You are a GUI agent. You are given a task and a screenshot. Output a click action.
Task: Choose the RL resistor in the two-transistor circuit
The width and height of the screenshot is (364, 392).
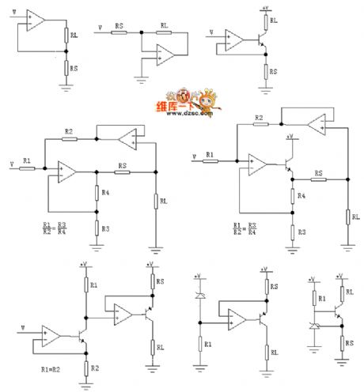tap(150, 346)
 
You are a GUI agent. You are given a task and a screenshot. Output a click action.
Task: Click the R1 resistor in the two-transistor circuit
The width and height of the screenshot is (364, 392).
tap(84, 285)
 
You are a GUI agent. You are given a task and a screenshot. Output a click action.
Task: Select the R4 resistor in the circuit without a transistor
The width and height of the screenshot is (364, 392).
tap(97, 192)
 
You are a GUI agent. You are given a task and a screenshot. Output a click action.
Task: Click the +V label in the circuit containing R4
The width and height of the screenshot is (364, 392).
tap(290, 137)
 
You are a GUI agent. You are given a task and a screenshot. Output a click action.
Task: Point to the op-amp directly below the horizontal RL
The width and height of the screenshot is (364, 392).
tap(165, 54)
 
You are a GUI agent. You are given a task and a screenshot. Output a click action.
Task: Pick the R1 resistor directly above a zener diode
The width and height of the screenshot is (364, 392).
tap(313, 299)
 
